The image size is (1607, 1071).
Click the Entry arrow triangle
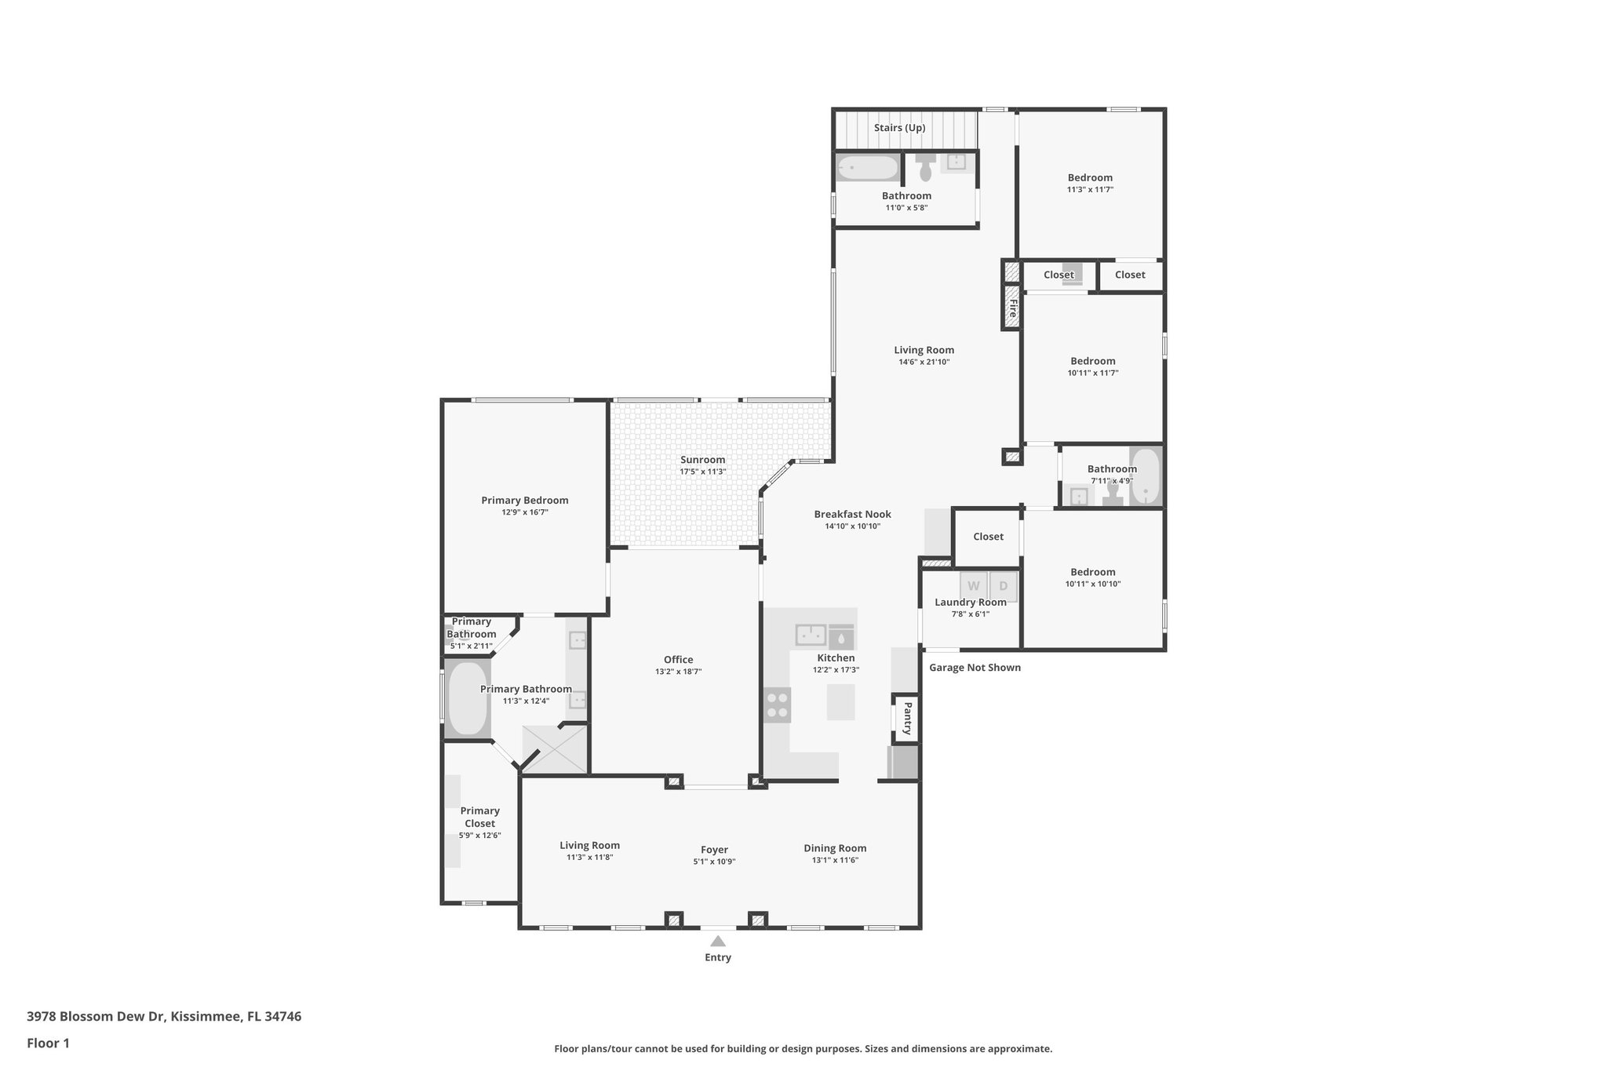718,941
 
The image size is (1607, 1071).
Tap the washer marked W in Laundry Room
974,586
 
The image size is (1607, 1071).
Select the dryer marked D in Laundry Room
1003,586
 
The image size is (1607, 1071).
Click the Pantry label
906,718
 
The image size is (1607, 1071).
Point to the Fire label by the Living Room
1012,307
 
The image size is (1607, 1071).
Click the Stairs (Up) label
899,128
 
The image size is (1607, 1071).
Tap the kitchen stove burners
778,705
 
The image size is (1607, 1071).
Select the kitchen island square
840,701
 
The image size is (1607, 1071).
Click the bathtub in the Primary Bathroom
467,698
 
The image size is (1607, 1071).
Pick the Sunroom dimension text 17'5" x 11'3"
702,472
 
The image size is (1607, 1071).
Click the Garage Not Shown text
975,668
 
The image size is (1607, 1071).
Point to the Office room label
678,660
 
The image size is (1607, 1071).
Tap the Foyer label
714,850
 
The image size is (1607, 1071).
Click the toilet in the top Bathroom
926,166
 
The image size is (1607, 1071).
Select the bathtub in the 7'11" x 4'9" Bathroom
1146,475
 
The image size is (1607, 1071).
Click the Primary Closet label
479,817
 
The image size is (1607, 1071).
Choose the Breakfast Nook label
852,515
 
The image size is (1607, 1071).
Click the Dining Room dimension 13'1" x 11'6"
835,860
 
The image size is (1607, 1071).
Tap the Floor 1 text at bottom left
48,1043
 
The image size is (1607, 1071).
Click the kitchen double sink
811,633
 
